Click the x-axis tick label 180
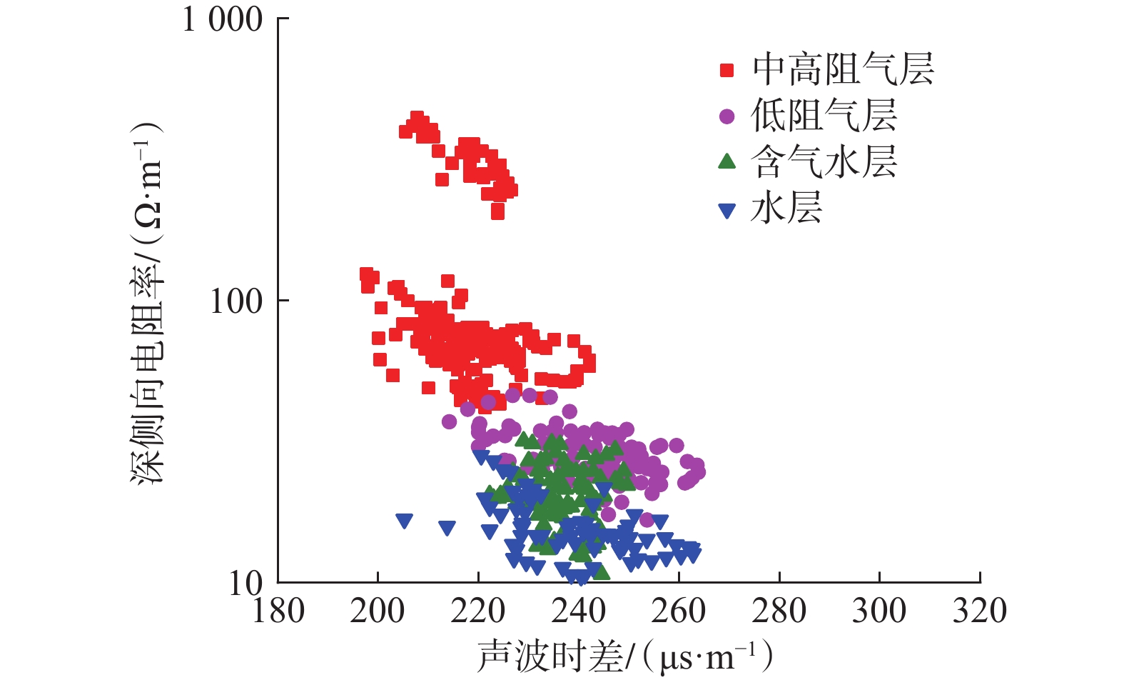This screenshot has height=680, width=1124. click(278, 611)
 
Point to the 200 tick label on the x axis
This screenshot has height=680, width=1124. click(378, 611)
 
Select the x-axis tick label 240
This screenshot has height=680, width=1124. click(578, 611)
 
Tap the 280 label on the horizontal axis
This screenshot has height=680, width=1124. click(779, 611)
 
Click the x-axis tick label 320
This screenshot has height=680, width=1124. click(979, 611)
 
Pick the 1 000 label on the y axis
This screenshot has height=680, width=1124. click(223, 19)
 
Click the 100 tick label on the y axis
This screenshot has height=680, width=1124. click(236, 301)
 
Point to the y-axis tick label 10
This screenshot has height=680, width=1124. click(246, 584)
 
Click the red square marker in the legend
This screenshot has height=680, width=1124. click(726, 70)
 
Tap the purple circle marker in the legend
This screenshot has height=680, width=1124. click(726, 116)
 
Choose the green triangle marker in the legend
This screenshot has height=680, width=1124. click(726, 161)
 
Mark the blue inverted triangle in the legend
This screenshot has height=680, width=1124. click(726, 210)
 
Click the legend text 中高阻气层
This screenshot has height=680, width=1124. click(843, 70)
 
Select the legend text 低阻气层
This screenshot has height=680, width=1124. click(824, 116)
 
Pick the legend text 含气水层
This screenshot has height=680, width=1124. click(824, 162)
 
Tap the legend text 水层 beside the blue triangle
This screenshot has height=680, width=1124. click(786, 209)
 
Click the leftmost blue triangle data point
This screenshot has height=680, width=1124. click(404, 521)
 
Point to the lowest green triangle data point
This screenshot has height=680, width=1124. click(602, 572)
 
